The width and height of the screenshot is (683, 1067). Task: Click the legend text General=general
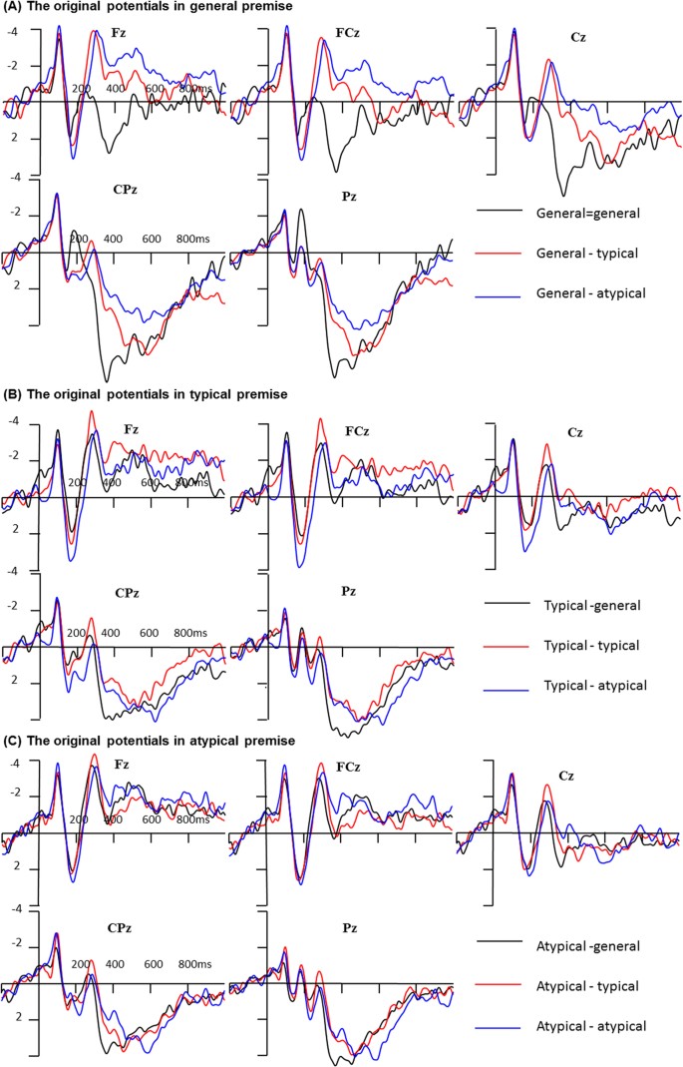(x=586, y=213)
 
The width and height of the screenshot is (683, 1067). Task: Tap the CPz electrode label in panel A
(x=126, y=186)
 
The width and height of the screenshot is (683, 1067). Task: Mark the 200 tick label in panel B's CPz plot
(x=76, y=633)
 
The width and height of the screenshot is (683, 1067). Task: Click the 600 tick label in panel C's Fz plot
(x=151, y=819)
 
